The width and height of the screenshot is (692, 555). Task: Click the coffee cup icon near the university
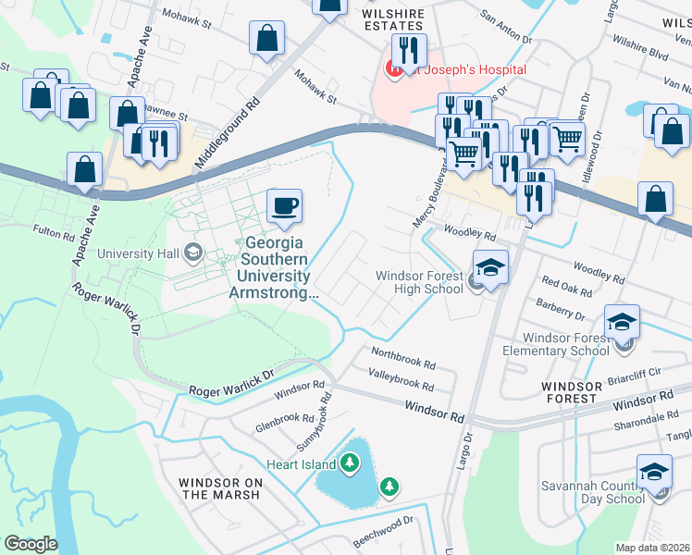[285, 205]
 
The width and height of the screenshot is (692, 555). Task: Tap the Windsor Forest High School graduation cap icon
[490, 268]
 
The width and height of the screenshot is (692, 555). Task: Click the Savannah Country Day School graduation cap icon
[655, 475]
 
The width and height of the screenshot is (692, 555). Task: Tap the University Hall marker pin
[193, 252]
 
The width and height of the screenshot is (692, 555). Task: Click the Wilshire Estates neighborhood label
[393, 20]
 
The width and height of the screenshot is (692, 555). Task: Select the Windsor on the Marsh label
[221, 488]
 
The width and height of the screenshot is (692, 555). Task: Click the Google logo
[31, 544]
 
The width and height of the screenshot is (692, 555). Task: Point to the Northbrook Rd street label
[402, 356]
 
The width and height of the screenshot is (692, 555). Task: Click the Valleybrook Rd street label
[402, 379]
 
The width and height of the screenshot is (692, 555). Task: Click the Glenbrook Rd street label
[287, 422]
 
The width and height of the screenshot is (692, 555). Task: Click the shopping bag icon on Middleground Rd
[266, 39]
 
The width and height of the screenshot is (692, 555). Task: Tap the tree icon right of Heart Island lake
[389, 486]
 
